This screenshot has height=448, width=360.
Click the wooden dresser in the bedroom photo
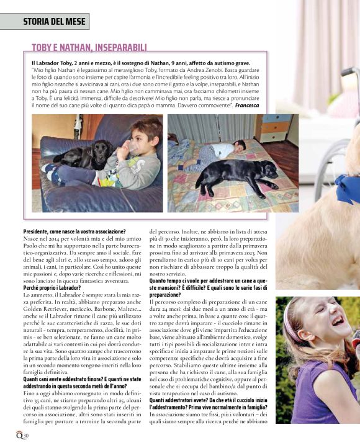[274, 127]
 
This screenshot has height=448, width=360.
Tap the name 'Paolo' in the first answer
[31, 244]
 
